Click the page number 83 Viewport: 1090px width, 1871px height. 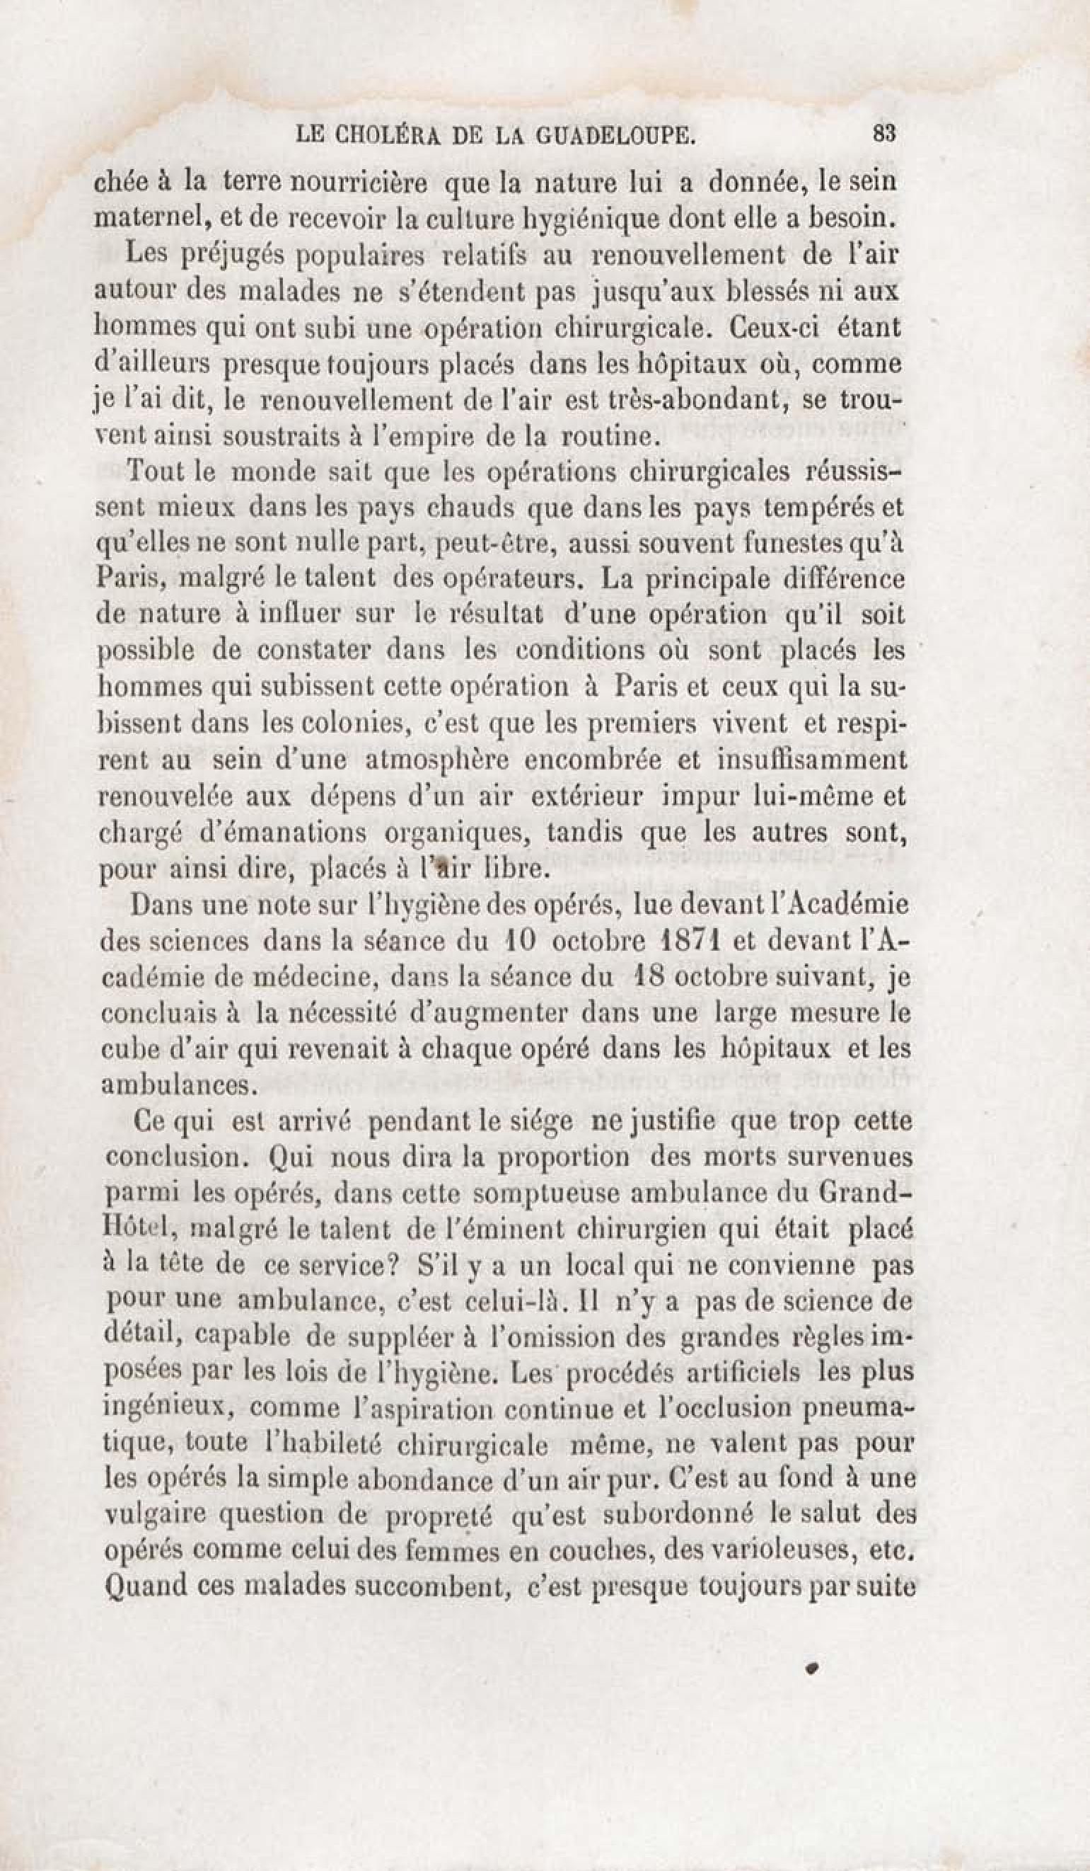pyautogui.click(x=886, y=134)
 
